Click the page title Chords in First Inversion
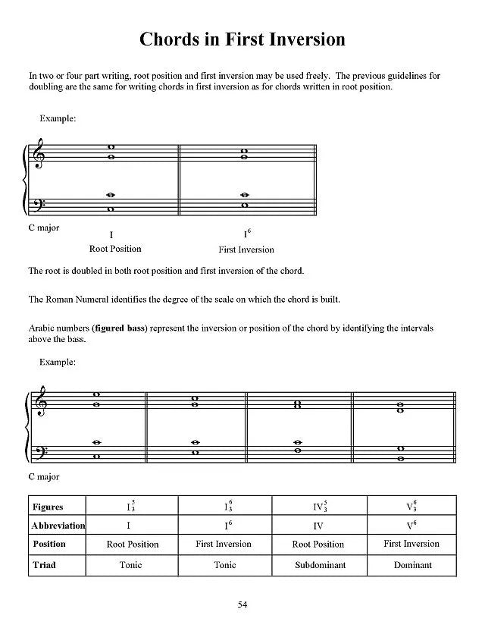tap(242, 39)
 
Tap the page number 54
tap(242, 604)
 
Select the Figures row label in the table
tap(48, 507)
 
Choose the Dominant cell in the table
tap(412, 565)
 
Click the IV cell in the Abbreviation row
tap(318, 526)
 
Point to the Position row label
tap(49, 545)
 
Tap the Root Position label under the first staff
tap(115, 249)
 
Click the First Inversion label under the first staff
tap(246, 250)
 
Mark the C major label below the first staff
tap(43, 228)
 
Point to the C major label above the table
tap(43, 477)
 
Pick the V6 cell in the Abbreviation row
tap(412, 526)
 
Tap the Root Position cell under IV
tap(318, 545)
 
